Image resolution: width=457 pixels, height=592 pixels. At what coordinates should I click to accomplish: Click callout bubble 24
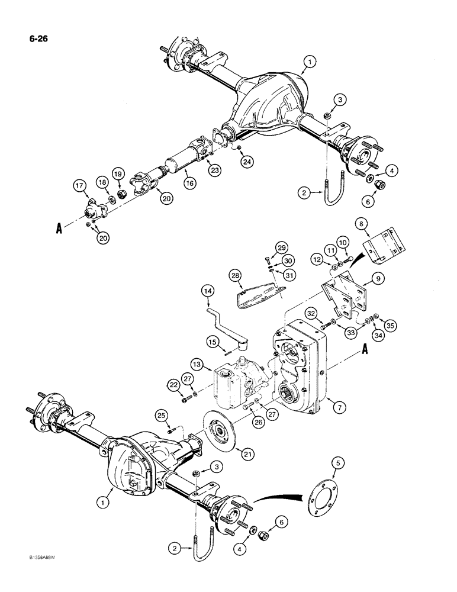tap(246, 160)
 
